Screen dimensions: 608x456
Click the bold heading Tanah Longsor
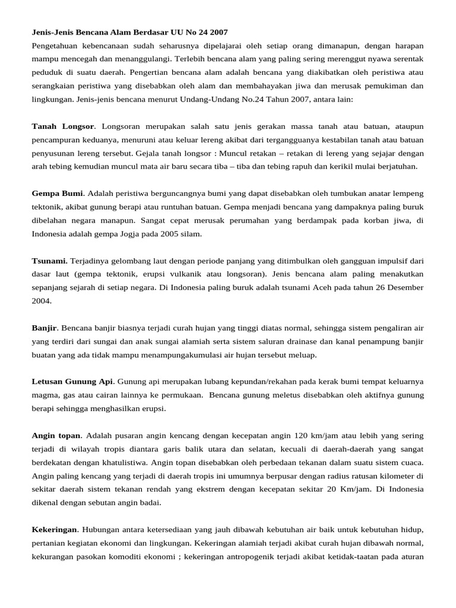[x=62, y=126]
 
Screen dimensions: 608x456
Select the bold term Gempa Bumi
[x=57, y=194]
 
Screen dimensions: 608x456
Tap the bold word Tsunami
[x=49, y=261]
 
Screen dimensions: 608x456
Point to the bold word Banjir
[x=45, y=328]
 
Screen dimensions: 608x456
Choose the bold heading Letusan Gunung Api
[x=72, y=381]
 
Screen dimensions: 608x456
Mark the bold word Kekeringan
[x=54, y=529]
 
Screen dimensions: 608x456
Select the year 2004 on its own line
[x=41, y=301]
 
